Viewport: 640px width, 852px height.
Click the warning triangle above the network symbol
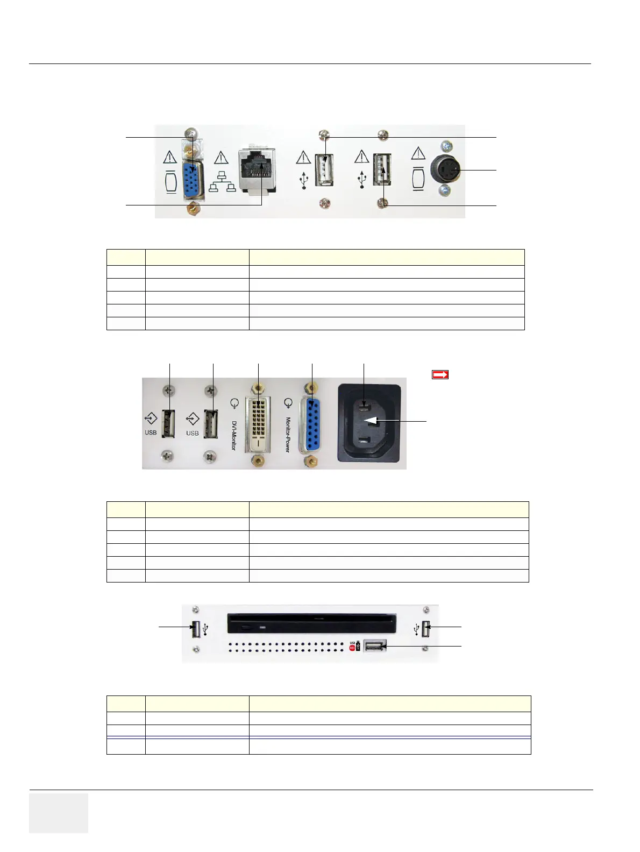(x=221, y=158)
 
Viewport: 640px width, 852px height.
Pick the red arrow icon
(x=440, y=375)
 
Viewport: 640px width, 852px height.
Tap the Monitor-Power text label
(x=288, y=435)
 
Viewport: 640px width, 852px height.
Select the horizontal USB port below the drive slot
(x=375, y=645)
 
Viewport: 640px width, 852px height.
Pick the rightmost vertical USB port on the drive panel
(x=426, y=629)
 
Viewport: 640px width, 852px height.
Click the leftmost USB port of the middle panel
(x=168, y=423)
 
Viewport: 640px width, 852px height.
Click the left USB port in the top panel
(x=324, y=170)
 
